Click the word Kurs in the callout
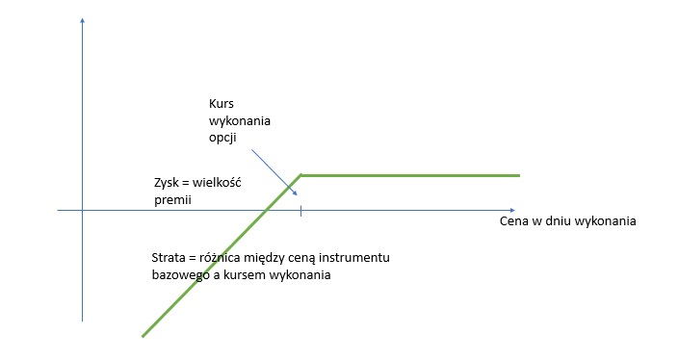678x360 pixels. (222, 103)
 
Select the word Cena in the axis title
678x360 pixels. (514, 221)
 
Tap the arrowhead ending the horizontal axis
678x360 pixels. (510, 209)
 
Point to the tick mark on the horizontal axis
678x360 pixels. (300, 209)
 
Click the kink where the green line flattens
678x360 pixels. (300, 175)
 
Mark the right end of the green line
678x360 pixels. (519, 175)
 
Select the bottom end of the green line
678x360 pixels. (143, 336)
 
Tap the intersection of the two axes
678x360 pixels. (83, 209)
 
